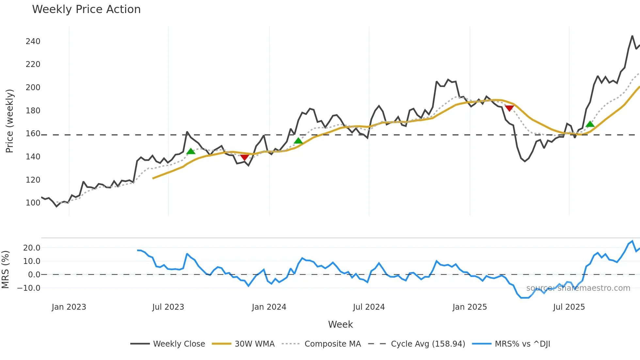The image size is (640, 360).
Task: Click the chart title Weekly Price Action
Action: (86, 9)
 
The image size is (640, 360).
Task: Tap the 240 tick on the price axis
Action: (33, 41)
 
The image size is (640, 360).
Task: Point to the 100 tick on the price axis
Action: (33, 203)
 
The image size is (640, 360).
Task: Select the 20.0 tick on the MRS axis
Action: (32, 248)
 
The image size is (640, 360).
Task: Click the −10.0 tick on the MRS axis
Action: (29, 288)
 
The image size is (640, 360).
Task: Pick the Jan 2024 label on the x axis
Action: (269, 307)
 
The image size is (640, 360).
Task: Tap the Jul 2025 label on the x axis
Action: (569, 307)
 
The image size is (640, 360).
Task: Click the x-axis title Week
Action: (340, 324)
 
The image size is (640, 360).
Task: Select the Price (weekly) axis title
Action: (9, 121)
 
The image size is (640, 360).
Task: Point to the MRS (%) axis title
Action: (5, 270)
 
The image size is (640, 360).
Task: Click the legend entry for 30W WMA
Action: (254, 344)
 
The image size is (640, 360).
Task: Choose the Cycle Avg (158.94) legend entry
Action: (428, 344)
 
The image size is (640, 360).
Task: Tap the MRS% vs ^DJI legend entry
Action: (522, 344)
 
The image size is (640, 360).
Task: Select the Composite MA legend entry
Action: (332, 344)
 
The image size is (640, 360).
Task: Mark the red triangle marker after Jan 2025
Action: (509, 108)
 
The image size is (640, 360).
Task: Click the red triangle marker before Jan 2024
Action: (245, 157)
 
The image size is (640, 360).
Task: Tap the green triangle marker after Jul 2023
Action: (191, 151)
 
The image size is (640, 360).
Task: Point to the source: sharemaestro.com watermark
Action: (578, 288)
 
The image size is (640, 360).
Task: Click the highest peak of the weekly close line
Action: (632, 36)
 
